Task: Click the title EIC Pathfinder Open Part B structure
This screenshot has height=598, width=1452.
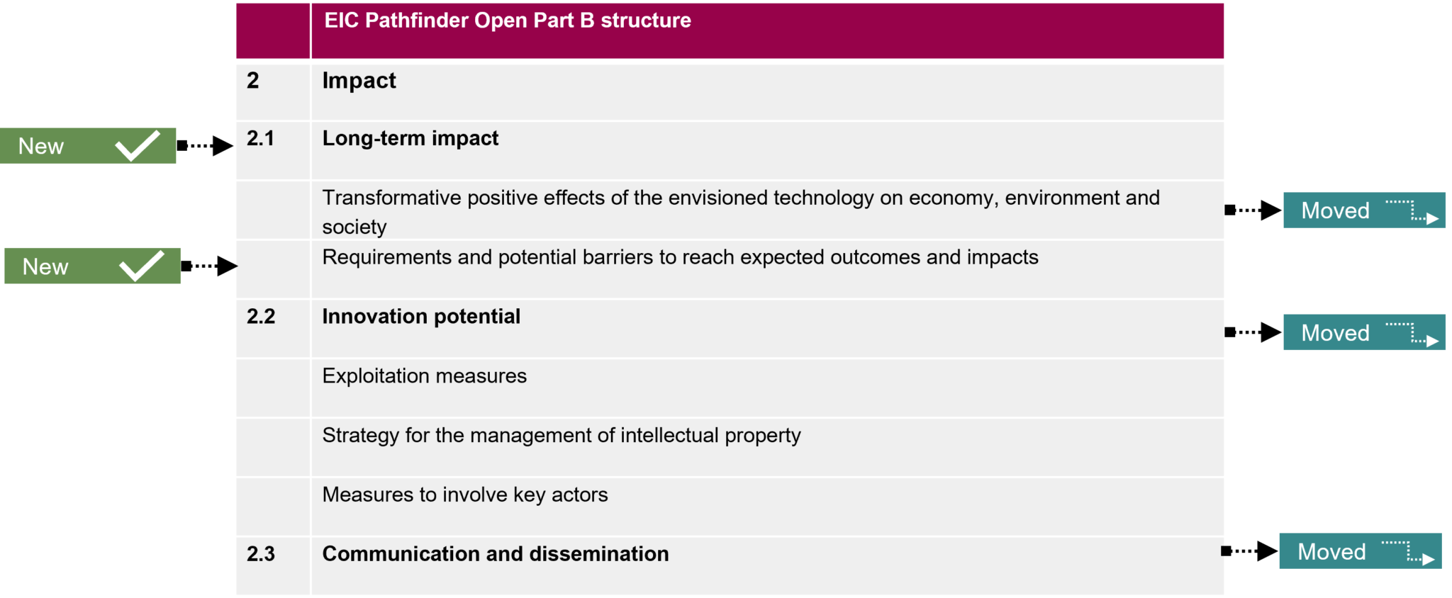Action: point(508,21)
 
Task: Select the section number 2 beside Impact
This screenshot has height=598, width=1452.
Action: point(253,81)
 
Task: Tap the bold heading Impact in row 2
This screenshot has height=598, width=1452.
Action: point(359,81)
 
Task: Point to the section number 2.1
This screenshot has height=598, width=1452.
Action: point(261,138)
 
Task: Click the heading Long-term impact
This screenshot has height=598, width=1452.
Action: point(411,138)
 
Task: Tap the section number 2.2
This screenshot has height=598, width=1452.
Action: point(261,317)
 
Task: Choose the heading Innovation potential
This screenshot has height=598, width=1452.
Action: point(421,317)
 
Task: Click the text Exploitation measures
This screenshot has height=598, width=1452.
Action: point(425,376)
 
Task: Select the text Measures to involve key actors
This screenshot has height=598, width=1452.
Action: point(465,495)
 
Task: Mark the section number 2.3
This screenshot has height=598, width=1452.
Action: point(261,554)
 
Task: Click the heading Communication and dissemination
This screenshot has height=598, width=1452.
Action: point(496,554)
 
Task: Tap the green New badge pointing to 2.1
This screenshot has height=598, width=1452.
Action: point(88,146)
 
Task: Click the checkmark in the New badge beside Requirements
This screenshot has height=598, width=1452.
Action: point(142,266)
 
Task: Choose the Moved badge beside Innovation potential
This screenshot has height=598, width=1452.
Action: point(1364,332)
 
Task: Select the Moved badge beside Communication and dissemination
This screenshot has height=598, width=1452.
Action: point(1361,551)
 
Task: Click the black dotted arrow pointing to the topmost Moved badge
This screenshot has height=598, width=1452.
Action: point(1253,210)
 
